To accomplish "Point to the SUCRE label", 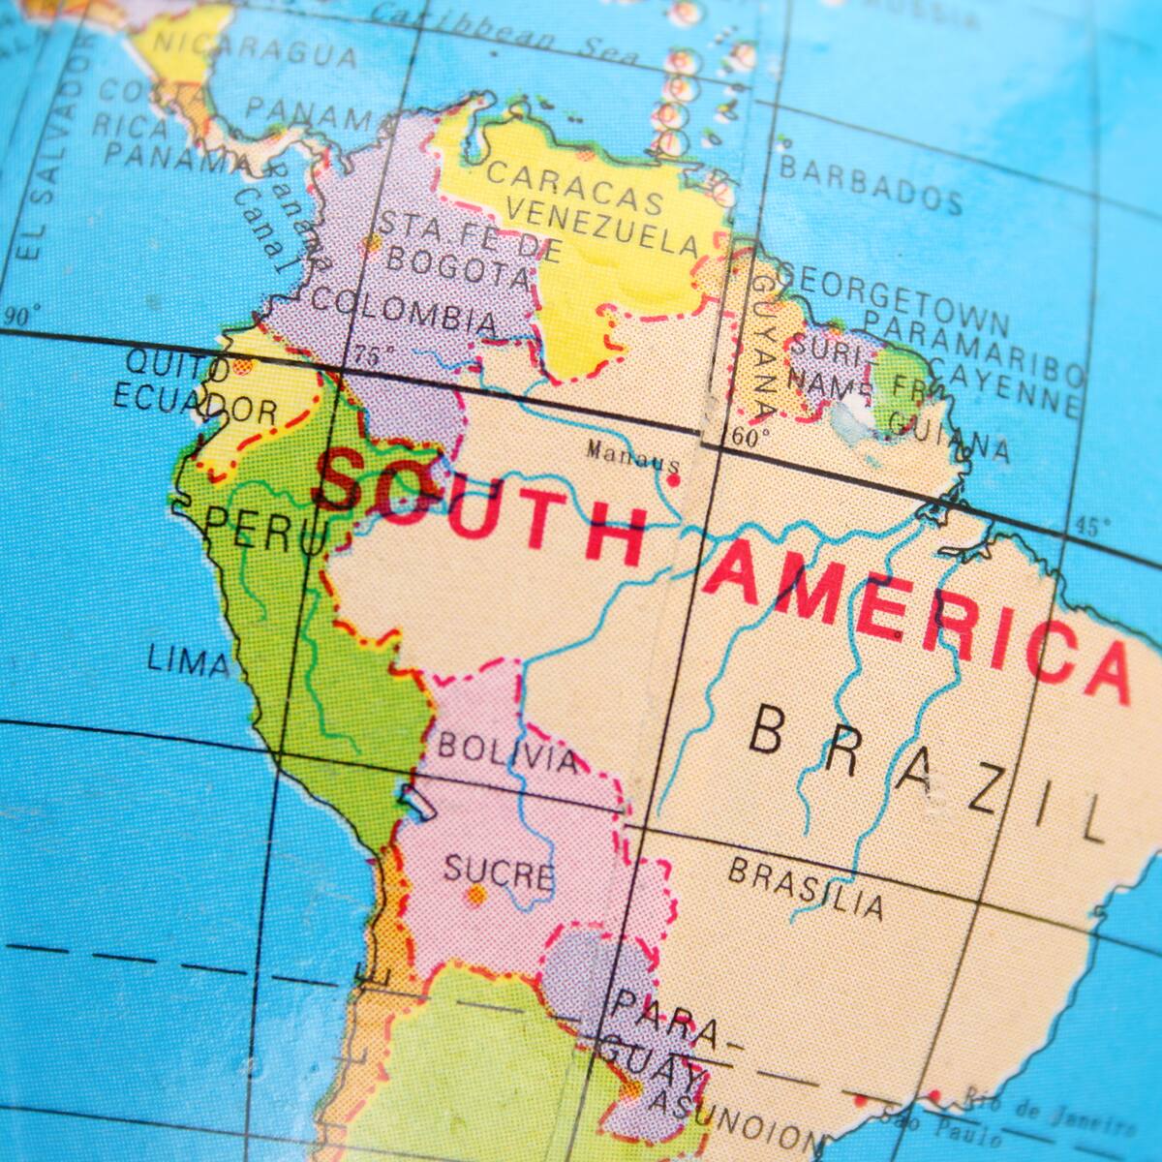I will (x=499, y=871).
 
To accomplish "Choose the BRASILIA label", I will (x=806, y=886).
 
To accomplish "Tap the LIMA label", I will (x=188, y=662).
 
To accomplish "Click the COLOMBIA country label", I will (x=404, y=307).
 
